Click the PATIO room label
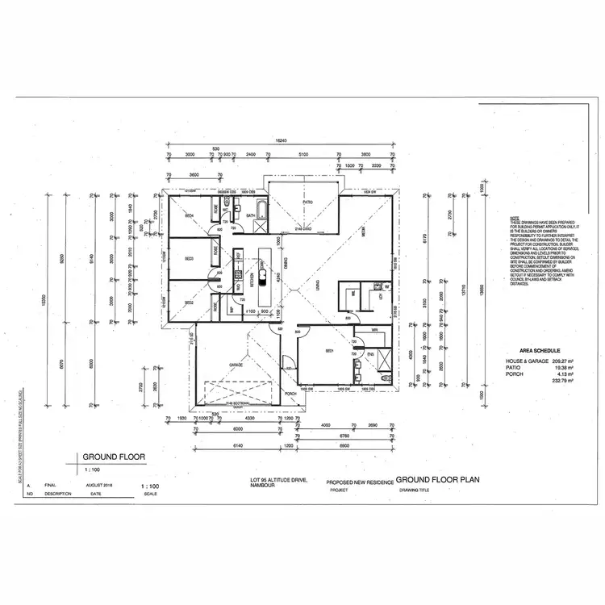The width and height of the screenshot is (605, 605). (308, 202)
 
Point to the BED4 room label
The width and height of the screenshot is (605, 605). (190, 215)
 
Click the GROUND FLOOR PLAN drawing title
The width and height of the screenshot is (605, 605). (438, 478)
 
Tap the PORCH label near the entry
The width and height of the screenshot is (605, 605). (290, 394)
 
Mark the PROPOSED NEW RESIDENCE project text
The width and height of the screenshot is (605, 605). (360, 482)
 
